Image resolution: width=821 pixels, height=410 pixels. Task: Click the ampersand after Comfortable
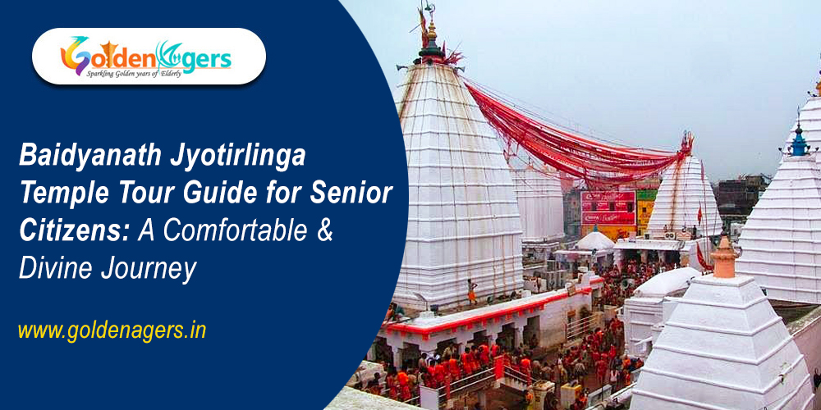pos(325,231)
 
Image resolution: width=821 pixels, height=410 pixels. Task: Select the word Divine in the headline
pos(55,269)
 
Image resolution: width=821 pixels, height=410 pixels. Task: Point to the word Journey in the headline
pos(154,269)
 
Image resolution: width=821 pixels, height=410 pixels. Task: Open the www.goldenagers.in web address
pos(112,330)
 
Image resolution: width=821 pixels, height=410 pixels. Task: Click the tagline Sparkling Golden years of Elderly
pos(146,72)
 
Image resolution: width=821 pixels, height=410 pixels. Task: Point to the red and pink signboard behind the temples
pos(608,207)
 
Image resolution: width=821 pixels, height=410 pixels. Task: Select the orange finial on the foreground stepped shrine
pos(724,258)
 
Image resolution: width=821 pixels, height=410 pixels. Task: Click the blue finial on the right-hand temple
pos(798,141)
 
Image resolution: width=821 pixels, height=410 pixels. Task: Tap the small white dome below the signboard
pos(594,240)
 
